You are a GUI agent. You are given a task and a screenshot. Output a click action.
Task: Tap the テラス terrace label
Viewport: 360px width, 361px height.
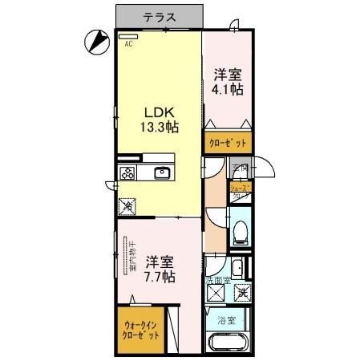[157, 15]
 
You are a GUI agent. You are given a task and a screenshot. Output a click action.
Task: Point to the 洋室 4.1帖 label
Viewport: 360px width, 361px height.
[228, 83]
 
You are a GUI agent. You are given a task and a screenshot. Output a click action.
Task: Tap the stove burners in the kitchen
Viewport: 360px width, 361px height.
[127, 172]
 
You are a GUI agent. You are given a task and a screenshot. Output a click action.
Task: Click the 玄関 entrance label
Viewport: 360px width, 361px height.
[240, 168]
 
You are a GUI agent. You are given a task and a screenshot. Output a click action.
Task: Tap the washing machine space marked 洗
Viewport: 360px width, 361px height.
[241, 293]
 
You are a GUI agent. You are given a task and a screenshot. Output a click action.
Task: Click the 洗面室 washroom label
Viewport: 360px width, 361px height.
[217, 281]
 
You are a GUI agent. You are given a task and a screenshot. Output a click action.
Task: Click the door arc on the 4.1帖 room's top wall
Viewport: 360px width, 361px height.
[233, 27]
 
